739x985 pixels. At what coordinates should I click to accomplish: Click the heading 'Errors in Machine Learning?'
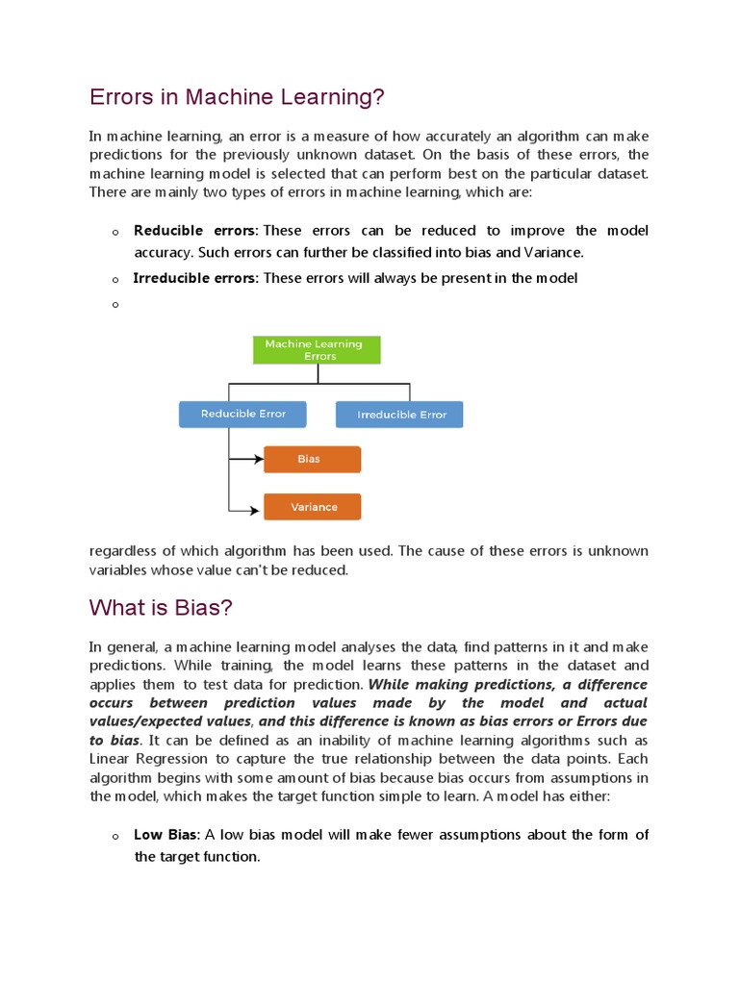tap(237, 97)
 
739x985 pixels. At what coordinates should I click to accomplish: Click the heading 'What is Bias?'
tap(161, 608)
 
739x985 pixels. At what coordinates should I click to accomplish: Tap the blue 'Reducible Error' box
tap(243, 415)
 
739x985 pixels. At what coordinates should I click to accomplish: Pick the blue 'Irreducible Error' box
tap(399, 415)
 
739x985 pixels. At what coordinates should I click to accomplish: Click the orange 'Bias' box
tap(312, 460)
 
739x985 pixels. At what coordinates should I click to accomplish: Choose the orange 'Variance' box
tap(312, 507)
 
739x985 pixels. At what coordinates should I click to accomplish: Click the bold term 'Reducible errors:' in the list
tap(195, 231)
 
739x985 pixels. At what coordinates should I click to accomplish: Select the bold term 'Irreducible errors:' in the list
tap(195, 278)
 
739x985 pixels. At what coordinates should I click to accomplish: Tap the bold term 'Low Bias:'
tap(167, 835)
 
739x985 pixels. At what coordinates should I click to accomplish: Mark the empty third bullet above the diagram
tap(114, 305)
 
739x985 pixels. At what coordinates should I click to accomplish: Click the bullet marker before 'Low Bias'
tap(114, 837)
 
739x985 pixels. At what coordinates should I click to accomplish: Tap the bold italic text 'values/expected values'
tap(170, 721)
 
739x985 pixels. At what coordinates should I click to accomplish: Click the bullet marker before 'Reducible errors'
tap(114, 233)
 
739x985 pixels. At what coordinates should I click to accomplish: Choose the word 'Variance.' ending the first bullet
tap(552, 253)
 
